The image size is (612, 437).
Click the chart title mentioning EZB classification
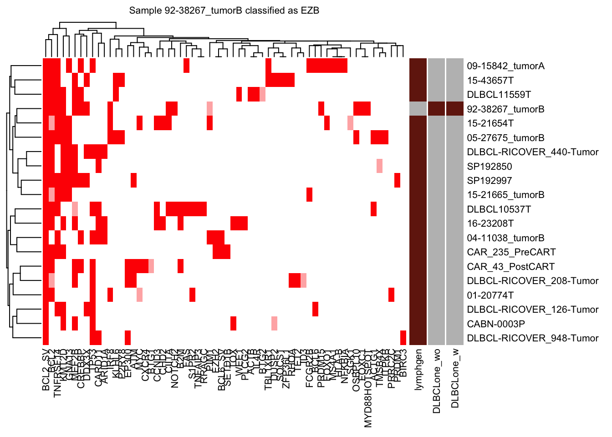click(224, 10)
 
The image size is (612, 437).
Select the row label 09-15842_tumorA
click(505, 66)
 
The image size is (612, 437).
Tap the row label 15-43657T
click(490, 81)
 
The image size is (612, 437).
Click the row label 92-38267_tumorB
click(505, 109)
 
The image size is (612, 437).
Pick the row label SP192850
click(490, 167)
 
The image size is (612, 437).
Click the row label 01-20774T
click(490, 295)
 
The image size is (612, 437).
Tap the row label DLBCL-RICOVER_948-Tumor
click(533, 338)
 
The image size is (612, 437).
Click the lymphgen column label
click(418, 369)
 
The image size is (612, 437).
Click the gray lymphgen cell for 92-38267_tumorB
click(418, 109)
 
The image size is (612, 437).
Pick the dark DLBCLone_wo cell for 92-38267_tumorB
click(436, 109)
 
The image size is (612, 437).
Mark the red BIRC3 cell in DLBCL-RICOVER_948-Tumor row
click(403, 338)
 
